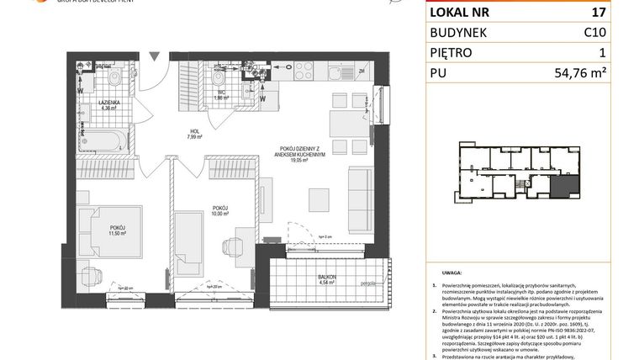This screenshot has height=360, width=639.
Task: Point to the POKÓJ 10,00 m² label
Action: point(220,210)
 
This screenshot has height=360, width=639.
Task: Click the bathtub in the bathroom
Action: point(103,140)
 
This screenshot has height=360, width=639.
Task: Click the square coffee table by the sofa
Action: point(319,199)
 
